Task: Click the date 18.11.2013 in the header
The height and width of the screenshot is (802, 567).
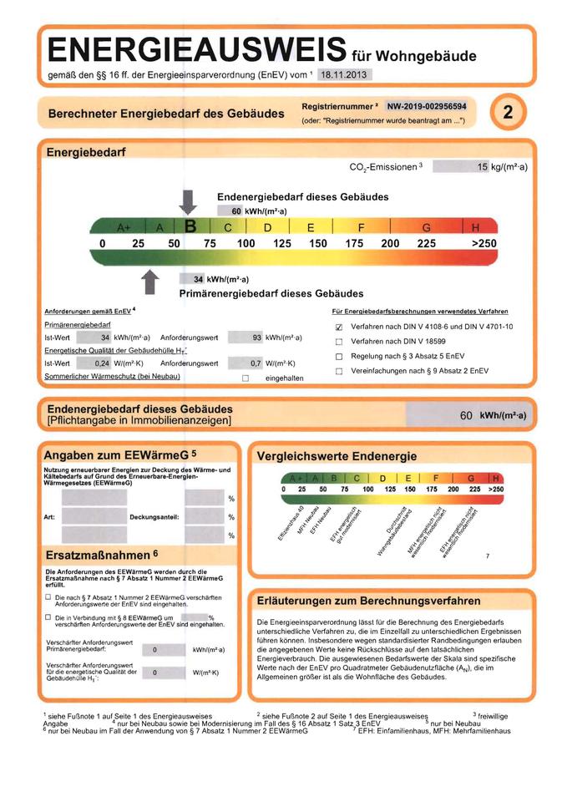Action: pyautogui.click(x=345, y=75)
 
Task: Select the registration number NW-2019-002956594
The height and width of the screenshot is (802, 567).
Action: pyautogui.click(x=426, y=106)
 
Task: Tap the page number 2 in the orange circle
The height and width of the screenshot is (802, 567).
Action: pyautogui.click(x=507, y=114)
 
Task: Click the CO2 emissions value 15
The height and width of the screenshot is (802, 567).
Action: pyautogui.click(x=482, y=167)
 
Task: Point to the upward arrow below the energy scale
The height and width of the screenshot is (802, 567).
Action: pyautogui.click(x=150, y=282)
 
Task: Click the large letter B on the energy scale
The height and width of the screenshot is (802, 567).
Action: pyautogui.click(x=190, y=226)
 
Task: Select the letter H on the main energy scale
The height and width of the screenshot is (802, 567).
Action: pyautogui.click(x=477, y=227)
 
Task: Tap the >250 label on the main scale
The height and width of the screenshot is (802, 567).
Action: pyautogui.click(x=483, y=243)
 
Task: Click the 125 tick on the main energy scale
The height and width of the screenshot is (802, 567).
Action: pyautogui.click(x=282, y=243)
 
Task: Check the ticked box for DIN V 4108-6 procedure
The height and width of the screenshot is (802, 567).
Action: pyautogui.click(x=339, y=327)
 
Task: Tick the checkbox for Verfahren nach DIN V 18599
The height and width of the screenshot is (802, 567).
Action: pyautogui.click(x=339, y=342)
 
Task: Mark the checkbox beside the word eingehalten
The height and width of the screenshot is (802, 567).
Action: pyautogui.click(x=246, y=378)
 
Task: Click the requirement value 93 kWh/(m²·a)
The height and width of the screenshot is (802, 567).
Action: pyautogui.click(x=256, y=338)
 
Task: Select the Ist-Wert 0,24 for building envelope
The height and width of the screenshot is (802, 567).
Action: pyautogui.click(x=102, y=363)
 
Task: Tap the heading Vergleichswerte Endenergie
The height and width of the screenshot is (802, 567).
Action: pyautogui.click(x=337, y=457)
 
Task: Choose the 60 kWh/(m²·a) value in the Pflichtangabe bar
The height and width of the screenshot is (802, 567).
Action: pyautogui.click(x=493, y=415)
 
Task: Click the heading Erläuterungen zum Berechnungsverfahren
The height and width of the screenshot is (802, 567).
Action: pyautogui.click(x=368, y=601)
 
